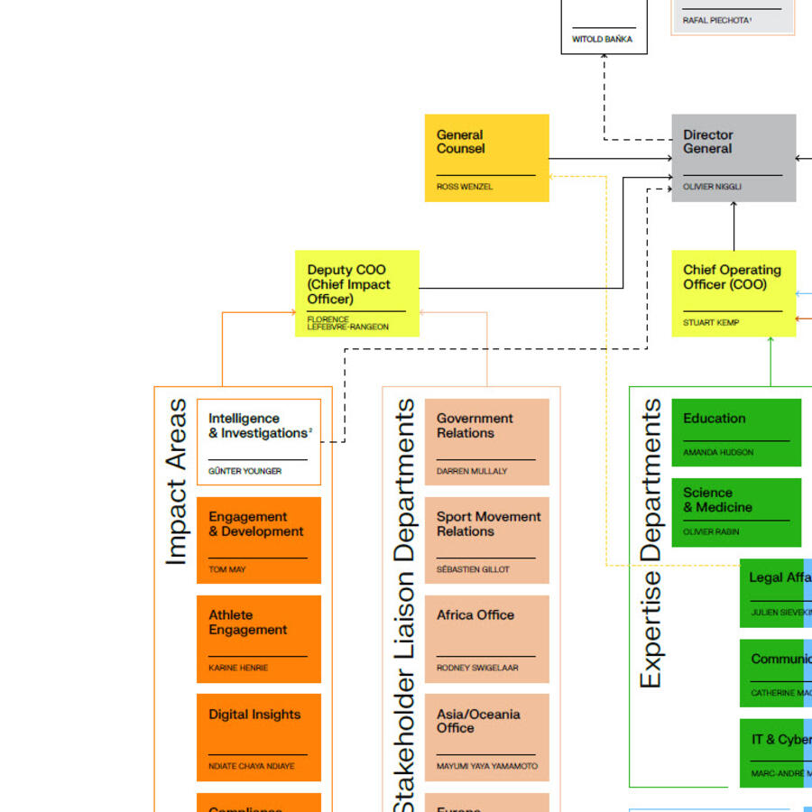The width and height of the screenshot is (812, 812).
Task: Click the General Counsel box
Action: (486, 158)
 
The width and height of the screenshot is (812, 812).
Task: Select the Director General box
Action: (734, 158)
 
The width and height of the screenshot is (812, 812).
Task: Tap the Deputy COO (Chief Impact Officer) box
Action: (357, 293)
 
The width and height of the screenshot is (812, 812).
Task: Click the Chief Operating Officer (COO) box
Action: (734, 293)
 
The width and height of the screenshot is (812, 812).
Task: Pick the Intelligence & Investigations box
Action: (259, 442)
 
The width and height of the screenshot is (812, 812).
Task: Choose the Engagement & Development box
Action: (259, 540)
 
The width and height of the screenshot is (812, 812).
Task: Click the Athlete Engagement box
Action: (259, 639)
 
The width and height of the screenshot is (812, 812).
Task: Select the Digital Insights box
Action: (259, 737)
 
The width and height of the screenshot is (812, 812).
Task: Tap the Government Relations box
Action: (486, 442)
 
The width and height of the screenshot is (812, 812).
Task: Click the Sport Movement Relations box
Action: (486, 540)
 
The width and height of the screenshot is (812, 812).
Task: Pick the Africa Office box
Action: (486, 639)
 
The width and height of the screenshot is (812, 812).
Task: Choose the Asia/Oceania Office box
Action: (486, 737)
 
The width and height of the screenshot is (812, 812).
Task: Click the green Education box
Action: (736, 433)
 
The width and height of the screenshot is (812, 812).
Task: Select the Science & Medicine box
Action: (736, 512)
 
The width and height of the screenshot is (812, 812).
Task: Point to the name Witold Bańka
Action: (602, 40)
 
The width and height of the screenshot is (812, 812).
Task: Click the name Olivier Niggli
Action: (712, 187)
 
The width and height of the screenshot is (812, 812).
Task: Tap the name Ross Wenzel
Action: (465, 187)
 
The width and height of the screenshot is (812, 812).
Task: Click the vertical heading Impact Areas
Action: (176, 483)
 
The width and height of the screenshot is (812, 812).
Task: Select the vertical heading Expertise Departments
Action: (651, 544)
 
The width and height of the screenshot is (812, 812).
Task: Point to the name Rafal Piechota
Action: (716, 20)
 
